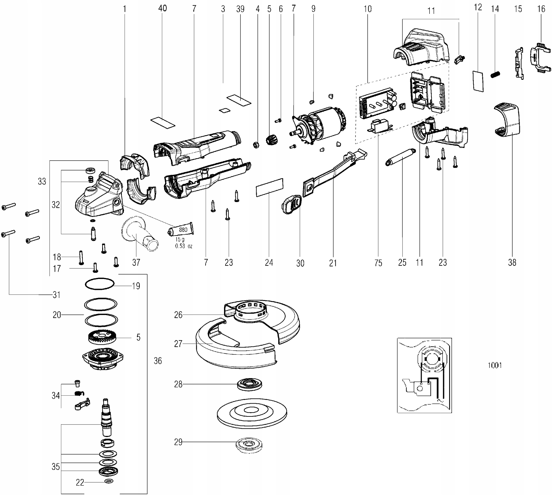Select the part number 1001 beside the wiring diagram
point(495,365)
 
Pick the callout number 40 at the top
point(162,8)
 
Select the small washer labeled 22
point(109,481)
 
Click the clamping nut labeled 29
point(249,445)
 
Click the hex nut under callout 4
point(256,144)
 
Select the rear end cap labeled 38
point(507,120)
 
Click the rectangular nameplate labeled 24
point(270,187)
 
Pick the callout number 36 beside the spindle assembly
point(158,361)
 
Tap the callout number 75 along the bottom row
point(378,263)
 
